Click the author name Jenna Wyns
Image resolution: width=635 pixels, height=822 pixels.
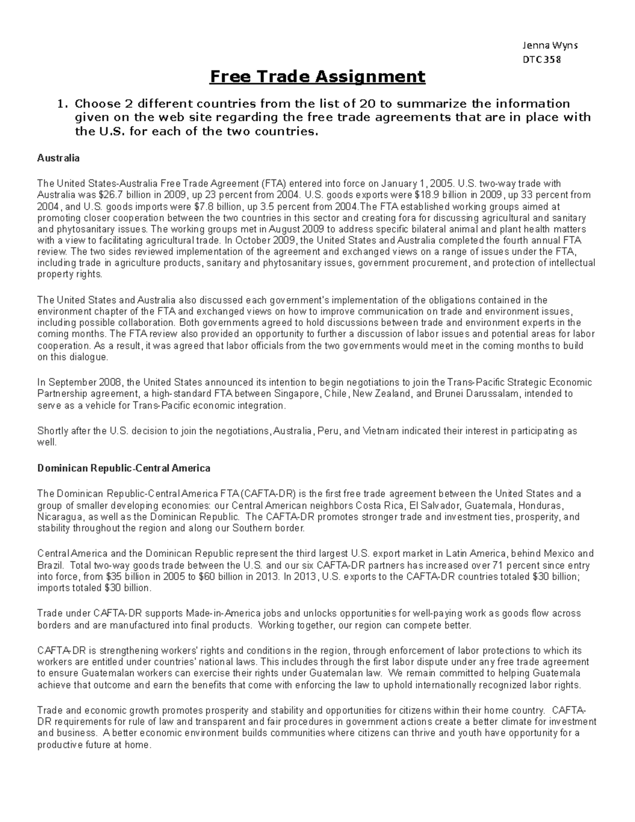(550, 45)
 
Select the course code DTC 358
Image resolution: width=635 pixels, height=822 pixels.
(541, 59)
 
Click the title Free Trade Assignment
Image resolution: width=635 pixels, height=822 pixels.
(317, 77)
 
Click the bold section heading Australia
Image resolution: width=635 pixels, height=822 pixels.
(58, 158)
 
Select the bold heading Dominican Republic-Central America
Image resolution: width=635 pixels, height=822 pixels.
(123, 468)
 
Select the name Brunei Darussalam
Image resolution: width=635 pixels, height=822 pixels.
(466, 394)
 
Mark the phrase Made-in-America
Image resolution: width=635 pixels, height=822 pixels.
(223, 613)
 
